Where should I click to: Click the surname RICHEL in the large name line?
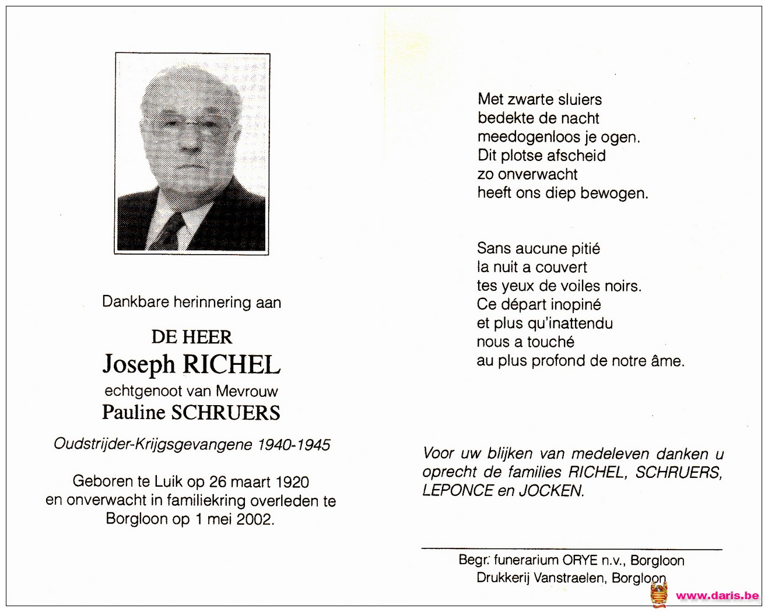(232, 365)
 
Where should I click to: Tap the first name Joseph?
(139, 365)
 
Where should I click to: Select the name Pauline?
(134, 413)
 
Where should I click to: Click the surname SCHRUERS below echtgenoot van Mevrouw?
(225, 413)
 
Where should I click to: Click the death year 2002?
(254, 519)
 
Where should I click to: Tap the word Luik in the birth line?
(169, 482)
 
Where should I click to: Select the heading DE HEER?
(192, 337)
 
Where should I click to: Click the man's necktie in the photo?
(173, 230)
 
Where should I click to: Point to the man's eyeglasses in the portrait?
(190, 124)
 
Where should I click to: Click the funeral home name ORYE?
(580, 560)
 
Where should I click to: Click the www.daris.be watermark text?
(717, 596)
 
